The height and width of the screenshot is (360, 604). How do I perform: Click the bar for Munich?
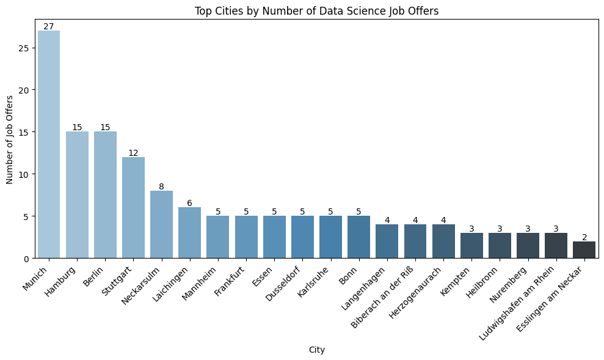(49, 144)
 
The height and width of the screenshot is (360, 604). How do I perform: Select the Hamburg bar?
(77, 195)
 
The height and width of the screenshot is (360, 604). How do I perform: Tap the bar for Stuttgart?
(133, 207)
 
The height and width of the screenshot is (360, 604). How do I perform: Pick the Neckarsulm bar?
(161, 224)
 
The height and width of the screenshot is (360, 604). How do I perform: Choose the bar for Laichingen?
(189, 233)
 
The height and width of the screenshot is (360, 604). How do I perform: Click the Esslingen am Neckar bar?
(584, 249)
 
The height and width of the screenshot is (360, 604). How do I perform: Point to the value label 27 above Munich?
(49, 26)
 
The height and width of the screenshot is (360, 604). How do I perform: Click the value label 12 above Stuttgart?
(133, 153)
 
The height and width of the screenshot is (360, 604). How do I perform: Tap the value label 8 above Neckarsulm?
(161, 186)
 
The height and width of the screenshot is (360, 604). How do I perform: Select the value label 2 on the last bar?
(584, 237)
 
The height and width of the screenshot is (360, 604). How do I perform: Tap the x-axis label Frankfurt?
(230, 280)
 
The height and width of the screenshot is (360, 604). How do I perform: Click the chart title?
(316, 10)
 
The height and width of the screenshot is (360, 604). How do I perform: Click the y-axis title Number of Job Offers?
(10, 139)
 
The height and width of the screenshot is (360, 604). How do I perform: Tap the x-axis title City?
(316, 350)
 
